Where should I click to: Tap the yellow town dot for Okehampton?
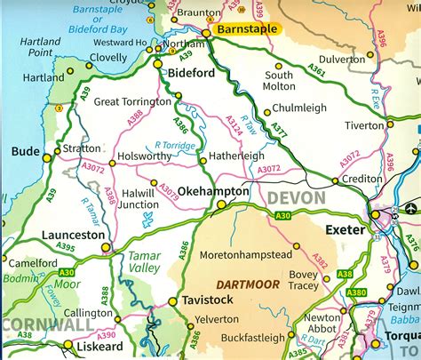221,204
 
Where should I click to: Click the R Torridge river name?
176,144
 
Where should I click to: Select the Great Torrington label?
132,101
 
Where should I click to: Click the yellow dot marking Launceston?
106,247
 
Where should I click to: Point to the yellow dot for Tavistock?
173,301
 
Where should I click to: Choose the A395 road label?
66,247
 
